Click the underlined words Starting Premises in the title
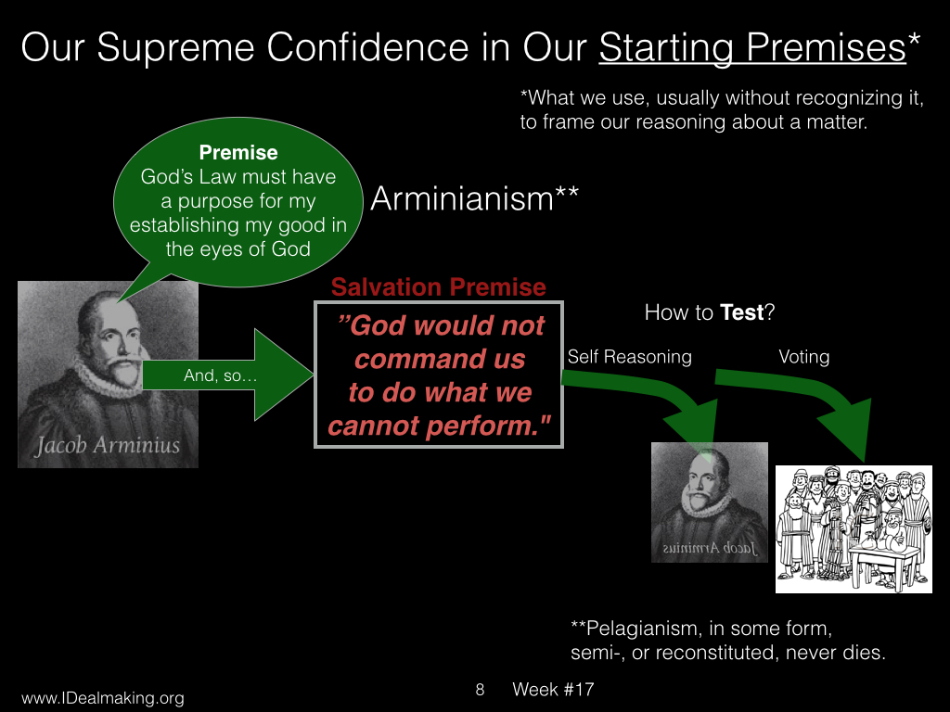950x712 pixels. tap(752, 48)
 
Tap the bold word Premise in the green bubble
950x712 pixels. tap(238, 153)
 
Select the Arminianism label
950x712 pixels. tap(474, 198)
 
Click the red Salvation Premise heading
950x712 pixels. tap(439, 287)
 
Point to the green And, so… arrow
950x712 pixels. tap(228, 375)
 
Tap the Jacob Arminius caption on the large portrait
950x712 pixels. tap(108, 446)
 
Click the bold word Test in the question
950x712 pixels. tap(741, 312)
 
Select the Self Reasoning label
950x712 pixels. tap(630, 357)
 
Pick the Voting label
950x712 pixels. tap(804, 357)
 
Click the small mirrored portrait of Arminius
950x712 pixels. tap(710, 502)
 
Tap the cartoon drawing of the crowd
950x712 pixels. tap(854, 529)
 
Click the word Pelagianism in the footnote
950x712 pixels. tap(638, 629)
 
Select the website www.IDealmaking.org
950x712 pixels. tap(102, 697)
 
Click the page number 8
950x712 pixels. tap(480, 690)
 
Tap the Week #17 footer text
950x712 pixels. tap(553, 690)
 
